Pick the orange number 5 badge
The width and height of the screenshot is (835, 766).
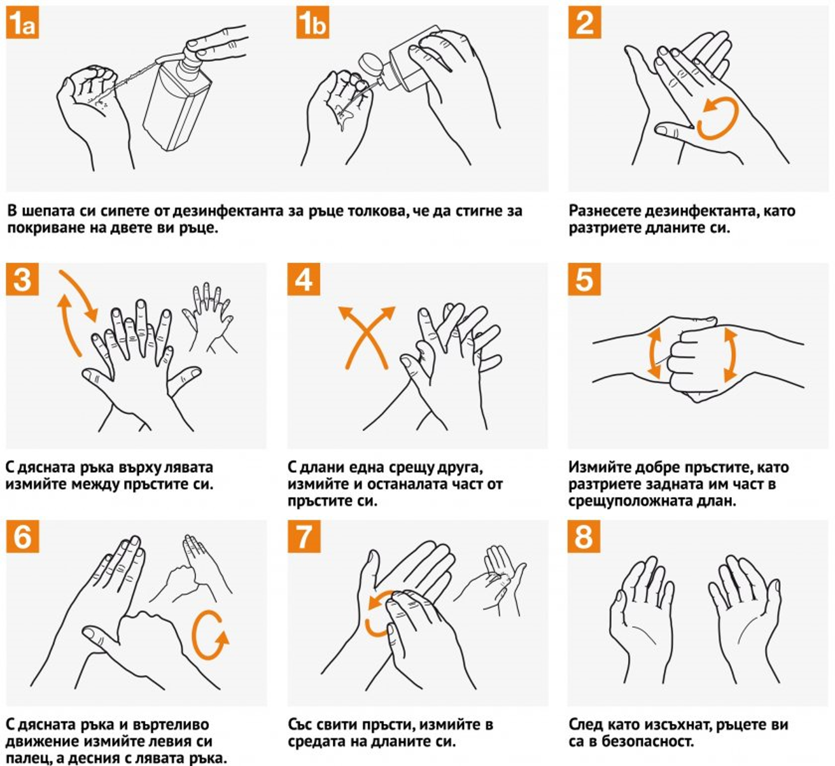coord(584,279)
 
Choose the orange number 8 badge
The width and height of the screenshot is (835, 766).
coord(584,536)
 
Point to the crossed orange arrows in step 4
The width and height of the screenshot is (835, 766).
coord(367,337)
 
